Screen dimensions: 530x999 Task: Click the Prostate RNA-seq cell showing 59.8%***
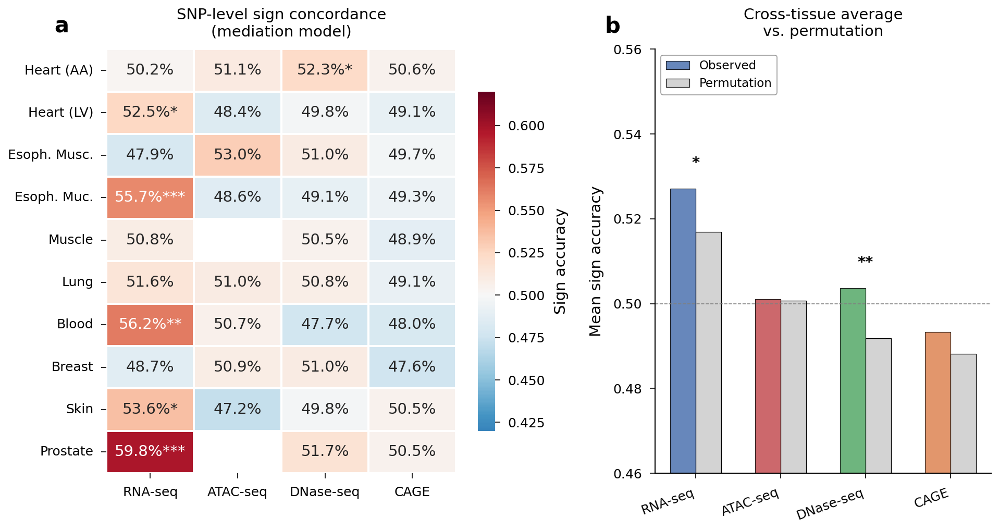(x=150, y=451)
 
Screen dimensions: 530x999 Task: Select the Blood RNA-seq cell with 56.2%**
(x=150, y=324)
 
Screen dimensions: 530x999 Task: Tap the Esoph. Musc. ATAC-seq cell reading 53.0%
(x=237, y=155)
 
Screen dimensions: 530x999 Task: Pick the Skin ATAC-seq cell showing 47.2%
(x=237, y=409)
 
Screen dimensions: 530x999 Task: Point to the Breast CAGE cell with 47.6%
(x=412, y=367)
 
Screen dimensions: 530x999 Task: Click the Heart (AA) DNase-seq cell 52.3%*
(x=325, y=70)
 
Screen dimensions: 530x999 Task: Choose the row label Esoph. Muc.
(x=54, y=197)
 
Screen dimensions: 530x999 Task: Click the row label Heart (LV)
(x=60, y=113)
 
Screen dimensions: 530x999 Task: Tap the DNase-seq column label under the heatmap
(x=325, y=492)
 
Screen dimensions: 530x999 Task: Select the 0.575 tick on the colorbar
(x=526, y=168)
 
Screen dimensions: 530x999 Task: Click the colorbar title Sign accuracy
(x=560, y=262)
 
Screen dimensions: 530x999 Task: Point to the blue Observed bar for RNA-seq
(x=683, y=331)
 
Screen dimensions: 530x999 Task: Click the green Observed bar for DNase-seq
(x=853, y=380)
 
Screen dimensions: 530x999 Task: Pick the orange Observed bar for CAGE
(x=938, y=402)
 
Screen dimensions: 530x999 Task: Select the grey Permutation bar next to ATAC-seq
(x=793, y=387)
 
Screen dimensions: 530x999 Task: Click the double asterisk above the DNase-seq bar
(x=865, y=261)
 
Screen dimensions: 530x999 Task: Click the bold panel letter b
(x=612, y=26)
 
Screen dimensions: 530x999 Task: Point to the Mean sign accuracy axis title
(x=595, y=262)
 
